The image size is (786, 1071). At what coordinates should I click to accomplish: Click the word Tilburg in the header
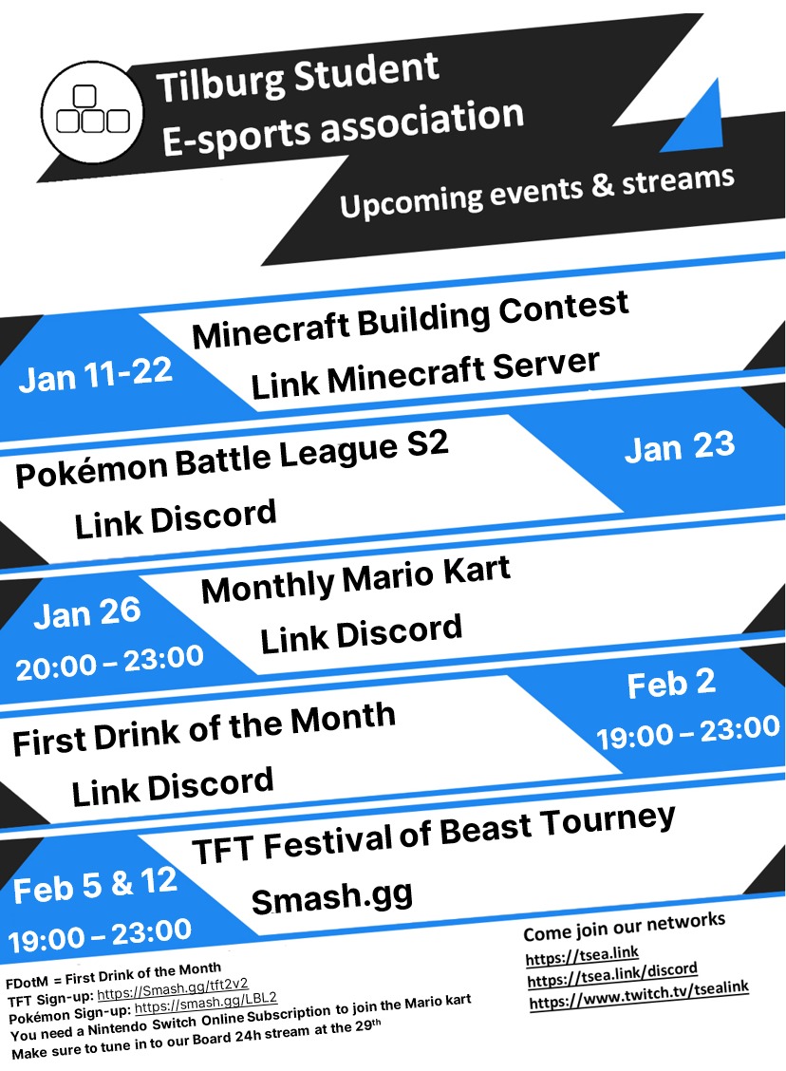[219, 83]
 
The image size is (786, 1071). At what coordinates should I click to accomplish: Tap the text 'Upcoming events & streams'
[536, 192]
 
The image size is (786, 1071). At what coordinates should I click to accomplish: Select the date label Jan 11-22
[95, 376]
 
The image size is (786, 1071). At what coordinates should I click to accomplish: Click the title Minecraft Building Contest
[410, 320]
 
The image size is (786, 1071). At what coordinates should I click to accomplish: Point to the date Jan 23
[680, 447]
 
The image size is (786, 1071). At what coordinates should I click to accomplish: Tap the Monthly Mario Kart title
[355, 580]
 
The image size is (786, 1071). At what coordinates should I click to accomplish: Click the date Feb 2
[671, 684]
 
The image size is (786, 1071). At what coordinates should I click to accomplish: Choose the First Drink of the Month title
[203, 729]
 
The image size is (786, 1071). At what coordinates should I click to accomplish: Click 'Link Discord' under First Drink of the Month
[172, 786]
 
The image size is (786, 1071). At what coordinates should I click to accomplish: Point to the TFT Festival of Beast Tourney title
[433, 835]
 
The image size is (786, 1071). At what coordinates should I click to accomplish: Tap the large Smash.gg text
[332, 897]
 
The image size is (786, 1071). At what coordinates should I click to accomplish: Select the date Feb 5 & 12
[95, 885]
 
